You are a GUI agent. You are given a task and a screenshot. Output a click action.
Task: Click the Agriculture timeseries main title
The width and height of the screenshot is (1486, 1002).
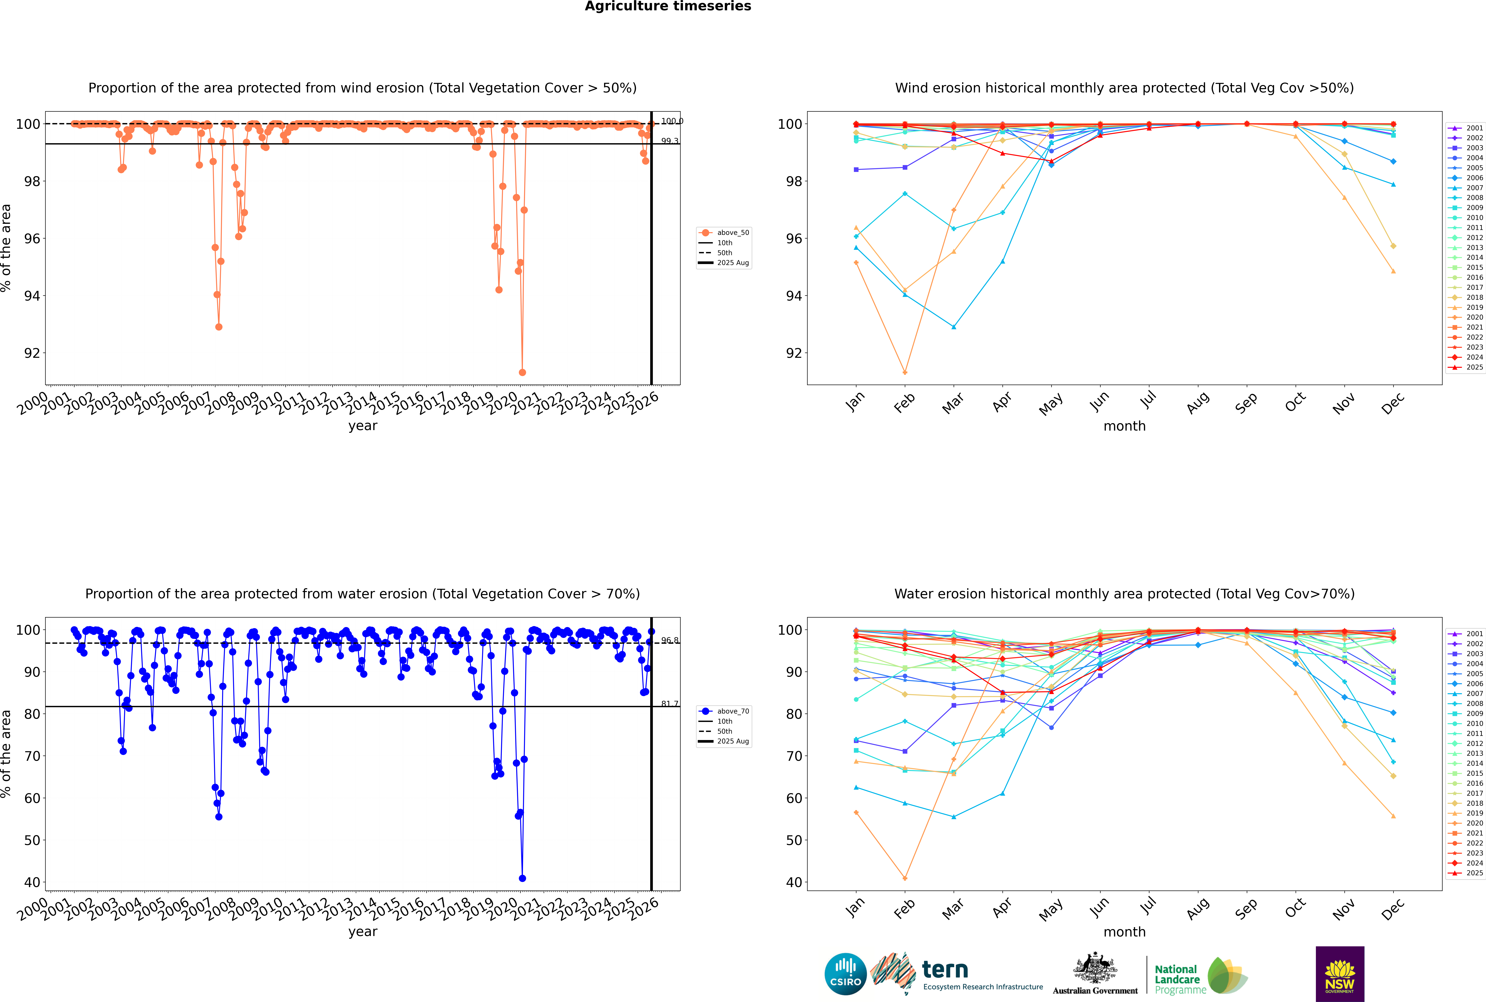(668, 6)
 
